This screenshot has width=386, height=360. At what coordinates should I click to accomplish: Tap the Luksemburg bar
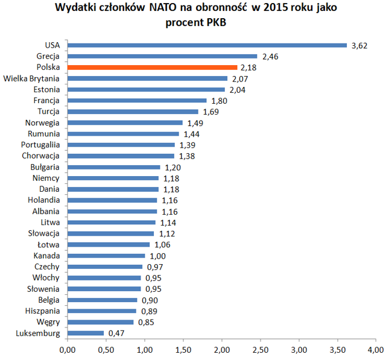coord(85,332)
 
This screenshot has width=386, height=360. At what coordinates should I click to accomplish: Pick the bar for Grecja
coord(162,56)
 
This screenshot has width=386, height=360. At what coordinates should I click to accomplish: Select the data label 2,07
coord(239,78)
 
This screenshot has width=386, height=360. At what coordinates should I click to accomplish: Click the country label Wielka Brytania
coord(31,78)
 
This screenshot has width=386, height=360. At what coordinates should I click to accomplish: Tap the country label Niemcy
coord(46,178)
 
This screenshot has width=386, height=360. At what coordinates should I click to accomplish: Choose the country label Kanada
coord(46,255)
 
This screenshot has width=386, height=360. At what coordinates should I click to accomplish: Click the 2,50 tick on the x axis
coord(261,349)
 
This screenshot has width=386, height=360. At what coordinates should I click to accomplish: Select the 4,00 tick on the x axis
coord(376,349)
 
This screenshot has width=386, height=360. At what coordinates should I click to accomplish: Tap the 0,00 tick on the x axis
coord(67,349)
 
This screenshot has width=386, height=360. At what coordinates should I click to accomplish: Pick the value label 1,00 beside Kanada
coord(157,255)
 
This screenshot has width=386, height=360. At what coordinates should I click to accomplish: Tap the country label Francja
coord(46,101)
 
